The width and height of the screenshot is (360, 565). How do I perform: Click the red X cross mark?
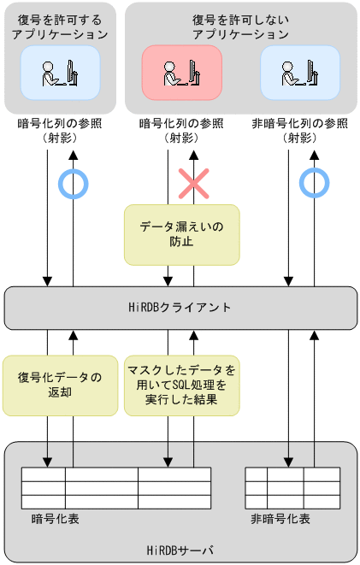[193, 181]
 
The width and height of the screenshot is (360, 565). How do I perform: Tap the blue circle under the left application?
[73, 181]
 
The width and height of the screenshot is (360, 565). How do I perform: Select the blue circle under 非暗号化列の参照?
[314, 181]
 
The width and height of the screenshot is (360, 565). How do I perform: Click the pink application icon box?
[181, 73]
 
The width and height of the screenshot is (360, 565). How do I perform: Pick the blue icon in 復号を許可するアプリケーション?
[60, 73]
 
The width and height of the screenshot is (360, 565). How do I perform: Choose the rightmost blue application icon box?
[300, 73]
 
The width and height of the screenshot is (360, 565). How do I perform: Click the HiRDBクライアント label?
[180, 307]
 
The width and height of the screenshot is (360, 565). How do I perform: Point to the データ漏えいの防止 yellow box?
[181, 234]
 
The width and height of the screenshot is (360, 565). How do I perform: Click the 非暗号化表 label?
[280, 519]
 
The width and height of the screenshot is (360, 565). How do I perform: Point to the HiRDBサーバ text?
[180, 550]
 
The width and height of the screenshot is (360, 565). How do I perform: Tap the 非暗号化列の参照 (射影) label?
[300, 129]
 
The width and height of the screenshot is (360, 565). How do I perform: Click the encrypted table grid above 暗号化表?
[116, 487]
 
